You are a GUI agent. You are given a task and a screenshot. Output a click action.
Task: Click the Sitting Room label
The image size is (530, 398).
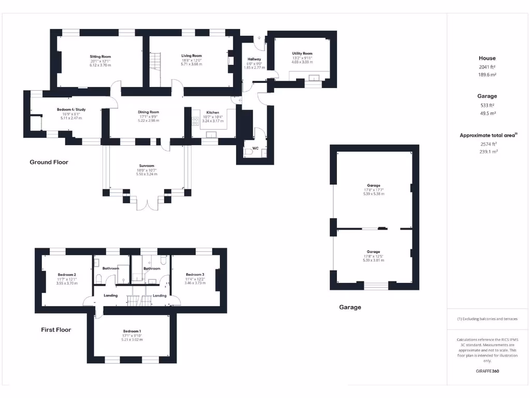click(x=100, y=56)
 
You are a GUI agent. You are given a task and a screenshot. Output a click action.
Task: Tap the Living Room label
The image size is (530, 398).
click(x=192, y=55)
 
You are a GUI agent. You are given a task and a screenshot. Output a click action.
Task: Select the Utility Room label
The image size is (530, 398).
click(x=302, y=53)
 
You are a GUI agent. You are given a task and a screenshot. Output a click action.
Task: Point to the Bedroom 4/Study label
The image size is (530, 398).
click(x=71, y=109)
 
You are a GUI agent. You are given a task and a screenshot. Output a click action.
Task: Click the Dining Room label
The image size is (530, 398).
click(x=148, y=112)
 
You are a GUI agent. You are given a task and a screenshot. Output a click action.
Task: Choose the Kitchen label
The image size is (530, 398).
click(x=213, y=112)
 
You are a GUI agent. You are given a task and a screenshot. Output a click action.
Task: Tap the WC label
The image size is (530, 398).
click(x=255, y=148)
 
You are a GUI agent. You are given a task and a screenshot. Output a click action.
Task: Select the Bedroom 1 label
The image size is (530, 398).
click(x=132, y=331)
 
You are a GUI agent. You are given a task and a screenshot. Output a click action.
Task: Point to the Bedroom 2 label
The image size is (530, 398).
click(x=67, y=275)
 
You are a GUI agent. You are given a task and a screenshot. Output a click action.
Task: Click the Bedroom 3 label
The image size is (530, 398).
click(x=195, y=275)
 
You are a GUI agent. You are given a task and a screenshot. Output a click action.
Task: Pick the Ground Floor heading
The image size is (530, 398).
click(x=49, y=162)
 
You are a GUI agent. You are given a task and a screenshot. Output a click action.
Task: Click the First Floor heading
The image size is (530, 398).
click(x=56, y=330)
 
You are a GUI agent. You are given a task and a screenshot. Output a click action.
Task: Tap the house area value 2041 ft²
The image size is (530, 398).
click(x=487, y=67)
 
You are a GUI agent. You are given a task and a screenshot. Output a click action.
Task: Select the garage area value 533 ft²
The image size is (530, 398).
click(x=487, y=105)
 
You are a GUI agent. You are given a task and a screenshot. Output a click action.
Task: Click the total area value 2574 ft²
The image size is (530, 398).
click(x=487, y=144)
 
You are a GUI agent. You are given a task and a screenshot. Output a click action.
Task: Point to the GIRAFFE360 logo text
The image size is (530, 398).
click(x=487, y=371)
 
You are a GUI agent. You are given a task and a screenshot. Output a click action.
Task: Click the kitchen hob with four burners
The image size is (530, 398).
click(x=196, y=121)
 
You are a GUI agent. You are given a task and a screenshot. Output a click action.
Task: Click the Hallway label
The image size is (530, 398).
click(x=254, y=60)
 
